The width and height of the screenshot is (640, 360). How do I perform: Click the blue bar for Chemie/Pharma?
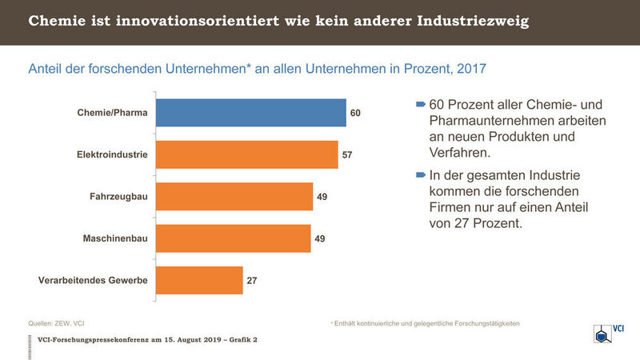tap(250, 113)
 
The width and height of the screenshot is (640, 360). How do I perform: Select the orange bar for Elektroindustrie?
tap(246, 154)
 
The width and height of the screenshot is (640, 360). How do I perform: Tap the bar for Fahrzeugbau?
tap(233, 196)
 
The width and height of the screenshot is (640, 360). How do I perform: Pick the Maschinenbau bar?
tap(232, 238)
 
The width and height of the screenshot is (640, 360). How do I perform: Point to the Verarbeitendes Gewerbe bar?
tap(198, 280)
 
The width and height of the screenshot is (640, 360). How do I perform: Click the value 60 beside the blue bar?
tap(356, 113)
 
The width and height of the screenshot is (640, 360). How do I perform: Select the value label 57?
tap(347, 154)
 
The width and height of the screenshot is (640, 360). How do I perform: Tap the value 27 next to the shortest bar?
tap(251, 280)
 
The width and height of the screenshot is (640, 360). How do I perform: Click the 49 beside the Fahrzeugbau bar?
tap(322, 196)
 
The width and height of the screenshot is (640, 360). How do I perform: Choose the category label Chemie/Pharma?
tap(113, 113)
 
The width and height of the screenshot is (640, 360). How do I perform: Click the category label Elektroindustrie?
tap(109, 154)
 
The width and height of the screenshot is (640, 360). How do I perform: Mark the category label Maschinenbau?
tap(114, 238)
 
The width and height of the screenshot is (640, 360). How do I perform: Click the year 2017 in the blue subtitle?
tap(470, 70)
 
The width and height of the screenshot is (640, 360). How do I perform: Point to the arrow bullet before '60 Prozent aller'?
tap(421, 106)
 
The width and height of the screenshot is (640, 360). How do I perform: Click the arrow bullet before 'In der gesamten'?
tap(421, 174)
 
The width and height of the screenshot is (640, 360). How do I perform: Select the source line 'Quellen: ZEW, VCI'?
tap(56, 323)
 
